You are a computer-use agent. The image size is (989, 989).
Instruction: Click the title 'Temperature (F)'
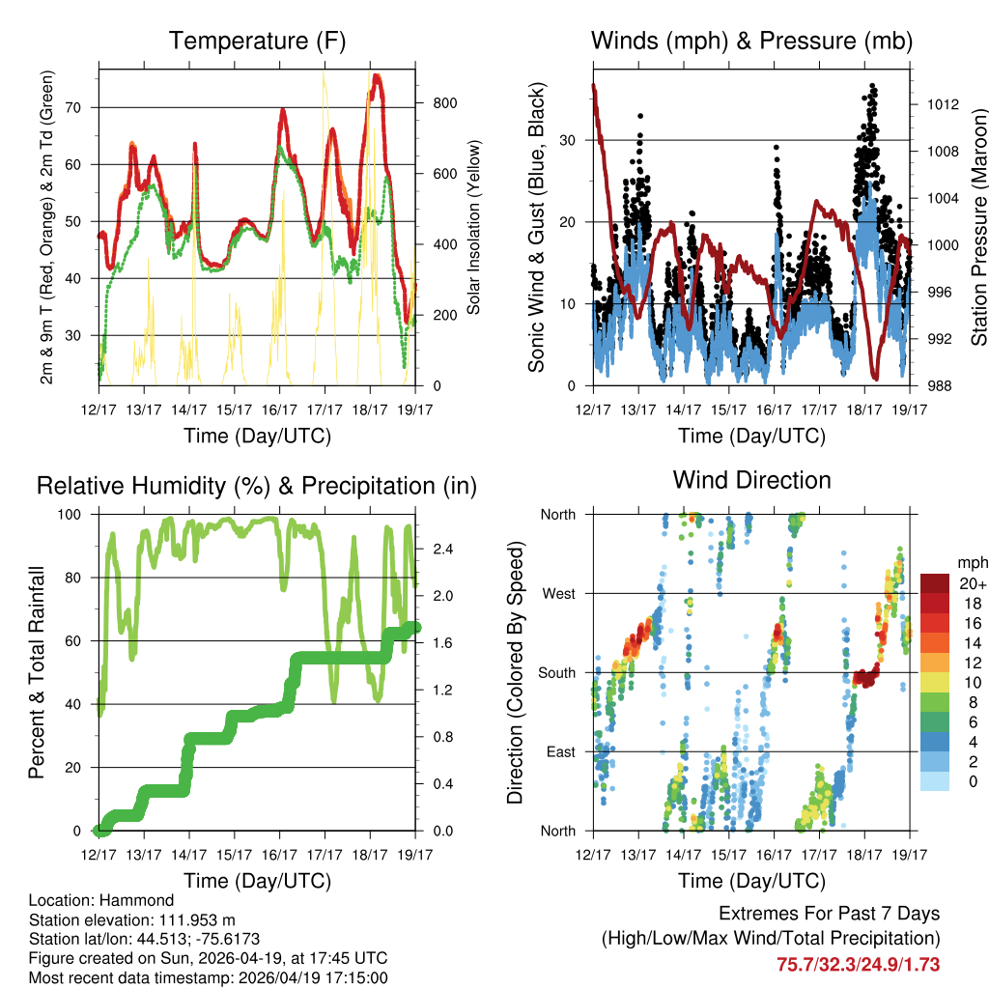[257, 41]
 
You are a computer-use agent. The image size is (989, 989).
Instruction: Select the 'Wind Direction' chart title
[751, 480]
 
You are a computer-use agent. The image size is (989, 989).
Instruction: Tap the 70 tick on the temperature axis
[84, 107]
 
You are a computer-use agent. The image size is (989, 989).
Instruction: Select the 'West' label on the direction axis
[558, 593]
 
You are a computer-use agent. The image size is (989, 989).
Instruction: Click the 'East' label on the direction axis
[559, 751]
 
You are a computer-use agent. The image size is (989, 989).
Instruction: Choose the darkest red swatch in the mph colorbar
[935, 583]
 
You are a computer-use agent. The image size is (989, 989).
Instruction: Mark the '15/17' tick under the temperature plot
[235, 410]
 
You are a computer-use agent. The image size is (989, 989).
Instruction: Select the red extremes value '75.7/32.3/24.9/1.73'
[858, 964]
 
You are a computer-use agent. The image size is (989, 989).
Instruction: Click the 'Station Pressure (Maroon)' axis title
[977, 228]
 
